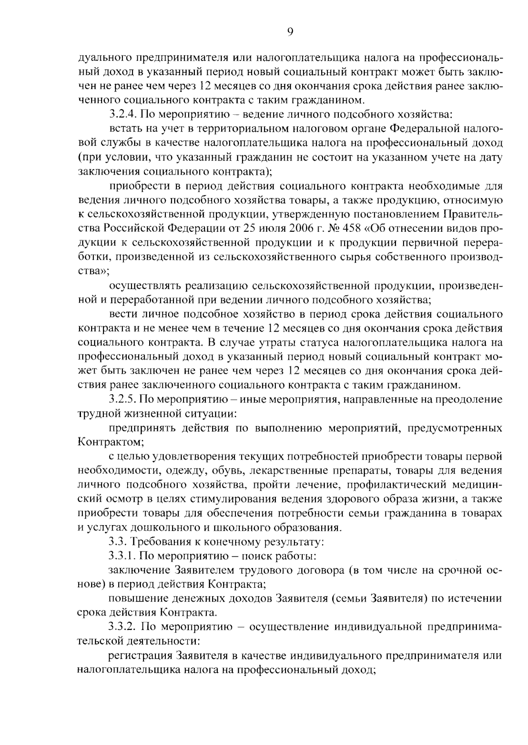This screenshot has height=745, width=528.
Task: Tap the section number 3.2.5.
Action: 123,399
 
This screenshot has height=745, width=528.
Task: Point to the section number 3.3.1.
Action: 123,556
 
